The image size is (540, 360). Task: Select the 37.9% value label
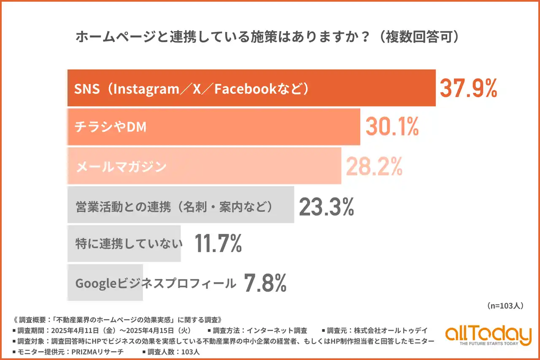click(x=468, y=88)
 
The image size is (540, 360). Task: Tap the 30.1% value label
click(x=392, y=126)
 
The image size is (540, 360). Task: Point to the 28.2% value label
click(x=374, y=166)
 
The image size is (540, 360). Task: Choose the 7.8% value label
click(x=265, y=283)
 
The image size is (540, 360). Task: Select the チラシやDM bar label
click(x=111, y=127)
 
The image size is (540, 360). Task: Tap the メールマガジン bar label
click(x=121, y=167)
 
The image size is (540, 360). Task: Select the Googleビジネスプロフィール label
click(x=155, y=283)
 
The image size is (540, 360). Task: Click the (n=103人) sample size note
click(x=505, y=306)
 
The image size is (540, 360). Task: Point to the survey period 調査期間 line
click(x=103, y=330)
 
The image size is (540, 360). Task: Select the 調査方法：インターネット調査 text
click(x=257, y=330)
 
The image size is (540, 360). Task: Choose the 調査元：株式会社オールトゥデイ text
click(x=374, y=330)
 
